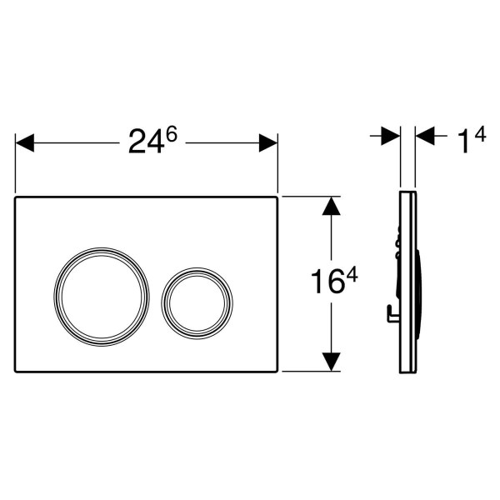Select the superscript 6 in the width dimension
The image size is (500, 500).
point(171,134)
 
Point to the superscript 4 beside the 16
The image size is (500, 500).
point(352,274)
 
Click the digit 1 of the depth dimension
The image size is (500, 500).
point(463,142)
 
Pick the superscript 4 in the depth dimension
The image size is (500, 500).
point(480,134)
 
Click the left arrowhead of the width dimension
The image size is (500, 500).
point(24,142)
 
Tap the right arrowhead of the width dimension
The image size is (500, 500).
point(268,142)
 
